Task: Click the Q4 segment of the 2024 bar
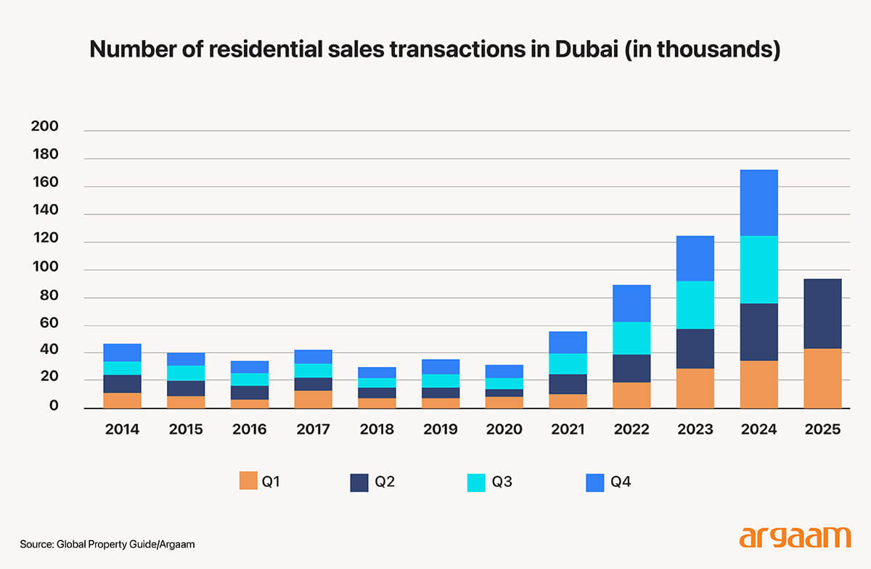pyautogui.click(x=758, y=203)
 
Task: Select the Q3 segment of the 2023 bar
pyautogui.click(x=695, y=304)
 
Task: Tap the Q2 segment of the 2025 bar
pyautogui.click(x=822, y=313)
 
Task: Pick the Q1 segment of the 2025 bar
pyautogui.click(x=822, y=378)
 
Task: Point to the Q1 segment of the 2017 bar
pyautogui.click(x=314, y=399)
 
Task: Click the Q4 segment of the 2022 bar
pyautogui.click(x=631, y=303)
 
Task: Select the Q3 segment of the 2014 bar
pyautogui.click(x=122, y=368)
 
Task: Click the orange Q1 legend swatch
pyautogui.click(x=248, y=481)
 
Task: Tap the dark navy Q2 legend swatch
pyautogui.click(x=359, y=481)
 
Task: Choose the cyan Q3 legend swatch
pyautogui.click(x=476, y=481)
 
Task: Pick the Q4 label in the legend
pyautogui.click(x=621, y=481)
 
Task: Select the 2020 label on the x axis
pyautogui.click(x=504, y=429)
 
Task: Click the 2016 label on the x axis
pyautogui.click(x=249, y=429)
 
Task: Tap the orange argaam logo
pyautogui.click(x=794, y=537)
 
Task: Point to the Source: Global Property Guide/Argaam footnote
pyautogui.click(x=107, y=544)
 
